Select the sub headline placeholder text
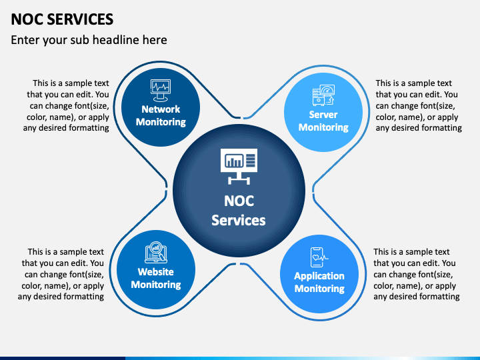point(89,40)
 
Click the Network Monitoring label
point(161,115)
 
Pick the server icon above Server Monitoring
point(323,95)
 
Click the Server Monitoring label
point(323,121)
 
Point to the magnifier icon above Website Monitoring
point(155,251)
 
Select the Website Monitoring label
point(155,278)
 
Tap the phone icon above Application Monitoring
point(319,256)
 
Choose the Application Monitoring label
point(319,282)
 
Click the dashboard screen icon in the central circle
point(239,164)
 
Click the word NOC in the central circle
point(239,201)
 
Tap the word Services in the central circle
point(239,220)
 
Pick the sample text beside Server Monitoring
point(419,105)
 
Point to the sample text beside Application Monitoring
point(416,274)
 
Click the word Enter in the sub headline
point(26,40)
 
